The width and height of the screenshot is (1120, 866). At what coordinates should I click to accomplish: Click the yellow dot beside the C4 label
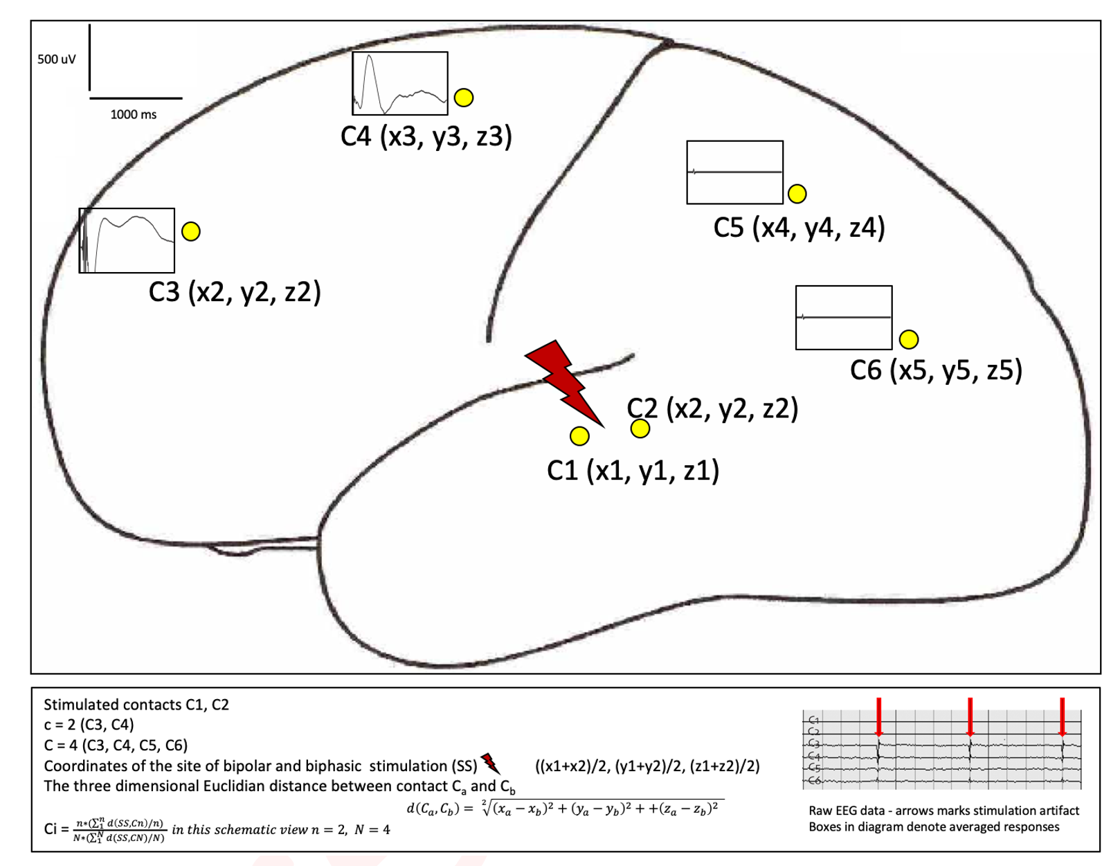click(464, 98)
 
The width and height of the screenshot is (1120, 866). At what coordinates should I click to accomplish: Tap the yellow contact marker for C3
click(191, 231)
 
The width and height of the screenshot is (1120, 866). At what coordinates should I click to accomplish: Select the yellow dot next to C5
click(797, 194)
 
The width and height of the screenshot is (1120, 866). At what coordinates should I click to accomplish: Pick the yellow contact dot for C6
click(908, 339)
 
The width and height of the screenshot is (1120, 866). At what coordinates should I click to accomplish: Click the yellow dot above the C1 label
click(579, 436)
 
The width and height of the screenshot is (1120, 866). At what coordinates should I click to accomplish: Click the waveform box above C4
click(399, 83)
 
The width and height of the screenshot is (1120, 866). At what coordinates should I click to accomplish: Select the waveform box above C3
click(127, 240)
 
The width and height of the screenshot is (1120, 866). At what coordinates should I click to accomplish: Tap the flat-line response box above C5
click(734, 172)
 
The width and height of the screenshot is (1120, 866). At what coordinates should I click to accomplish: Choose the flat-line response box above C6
click(844, 317)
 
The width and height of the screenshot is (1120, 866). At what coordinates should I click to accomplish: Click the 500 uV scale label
click(56, 60)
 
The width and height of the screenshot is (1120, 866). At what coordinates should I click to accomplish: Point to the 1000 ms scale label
click(134, 114)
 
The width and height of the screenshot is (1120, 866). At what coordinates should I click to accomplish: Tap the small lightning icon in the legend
click(490, 763)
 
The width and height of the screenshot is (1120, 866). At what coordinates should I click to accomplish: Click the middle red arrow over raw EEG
click(970, 717)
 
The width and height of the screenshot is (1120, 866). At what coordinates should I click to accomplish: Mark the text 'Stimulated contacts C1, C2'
click(136, 705)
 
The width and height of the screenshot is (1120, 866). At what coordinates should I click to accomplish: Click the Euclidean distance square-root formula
click(565, 808)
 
